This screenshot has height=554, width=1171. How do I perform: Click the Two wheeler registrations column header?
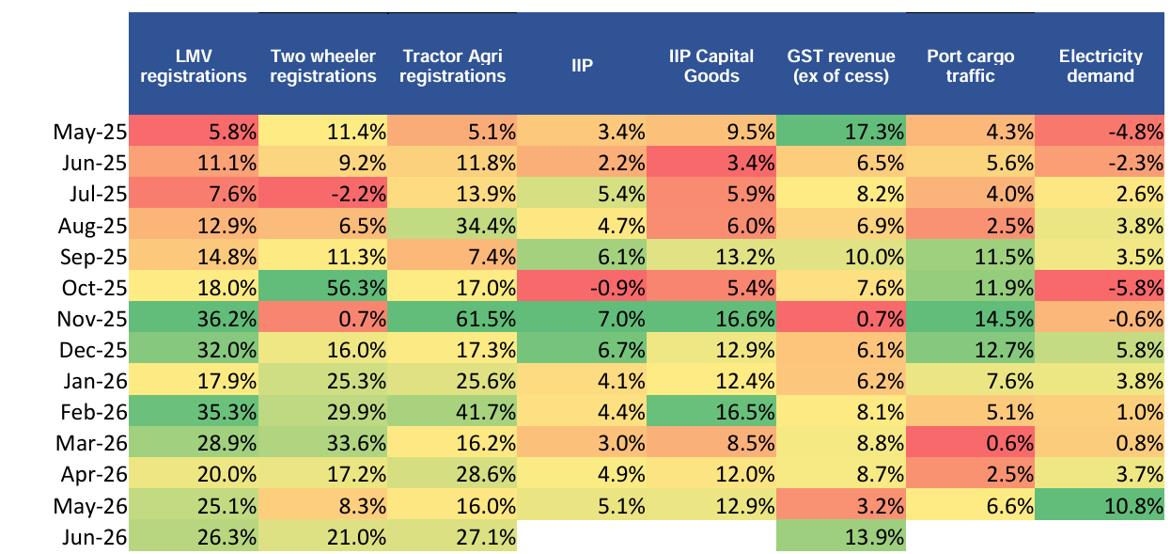click(x=323, y=66)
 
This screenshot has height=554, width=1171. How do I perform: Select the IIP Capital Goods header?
click(x=711, y=66)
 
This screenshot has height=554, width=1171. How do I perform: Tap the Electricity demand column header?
click(x=1101, y=66)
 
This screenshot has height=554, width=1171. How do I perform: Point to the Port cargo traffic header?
click(x=970, y=66)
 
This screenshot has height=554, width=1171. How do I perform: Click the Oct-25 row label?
click(x=94, y=288)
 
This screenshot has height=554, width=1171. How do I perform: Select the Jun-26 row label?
click(x=94, y=537)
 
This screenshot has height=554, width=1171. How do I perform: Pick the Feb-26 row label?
click(x=94, y=412)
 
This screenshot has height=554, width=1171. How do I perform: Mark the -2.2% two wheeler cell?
click(x=323, y=193)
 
